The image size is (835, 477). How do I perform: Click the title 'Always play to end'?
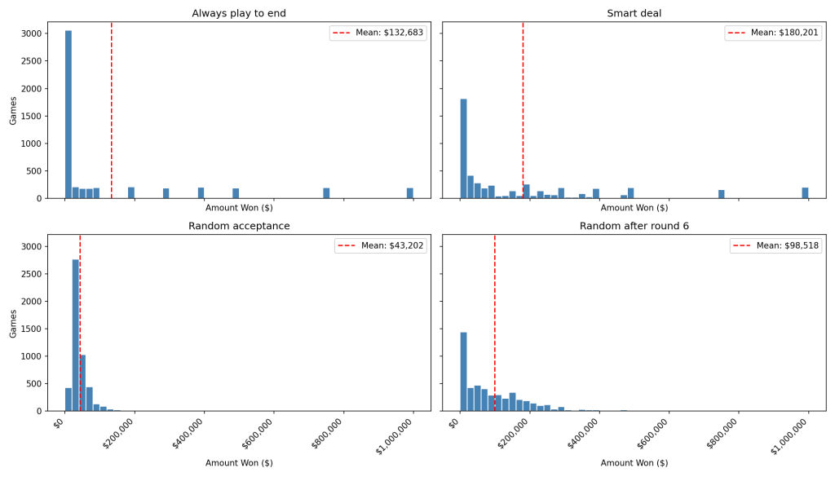coord(239,13)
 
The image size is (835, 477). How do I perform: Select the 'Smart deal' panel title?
coord(634,13)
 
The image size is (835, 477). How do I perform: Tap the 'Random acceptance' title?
coord(239,226)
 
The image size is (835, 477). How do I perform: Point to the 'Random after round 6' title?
coord(634,226)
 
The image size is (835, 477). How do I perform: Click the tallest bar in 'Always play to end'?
coord(68,114)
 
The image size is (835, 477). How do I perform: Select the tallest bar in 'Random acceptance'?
coord(76,335)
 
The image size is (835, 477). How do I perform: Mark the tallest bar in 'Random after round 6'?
coord(463,371)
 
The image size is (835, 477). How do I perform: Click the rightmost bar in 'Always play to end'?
coord(410,193)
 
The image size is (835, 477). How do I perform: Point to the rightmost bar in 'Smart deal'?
coord(805,193)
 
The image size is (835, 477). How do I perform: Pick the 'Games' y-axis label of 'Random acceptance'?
coord(13,323)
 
